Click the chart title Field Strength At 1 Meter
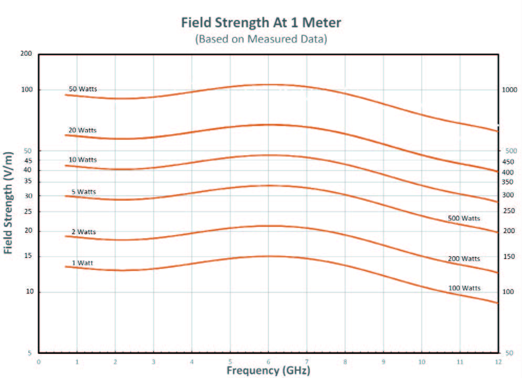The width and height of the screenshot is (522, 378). tap(261, 23)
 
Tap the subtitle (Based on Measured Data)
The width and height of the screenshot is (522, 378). tap(261, 39)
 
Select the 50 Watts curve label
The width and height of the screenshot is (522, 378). tap(82, 89)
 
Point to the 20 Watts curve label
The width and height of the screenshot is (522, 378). tap(82, 130)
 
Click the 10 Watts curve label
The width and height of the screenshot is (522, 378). tap(82, 160)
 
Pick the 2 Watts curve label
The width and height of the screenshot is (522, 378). tap(84, 232)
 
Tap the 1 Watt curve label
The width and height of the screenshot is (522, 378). tap(83, 262)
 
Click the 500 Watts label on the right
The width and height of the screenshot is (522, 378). tap(464, 218)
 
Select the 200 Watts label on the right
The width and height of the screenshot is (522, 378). tap(464, 259)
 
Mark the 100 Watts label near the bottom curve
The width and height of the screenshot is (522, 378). tap(464, 288)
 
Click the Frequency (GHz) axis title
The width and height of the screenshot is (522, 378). tap(268, 371)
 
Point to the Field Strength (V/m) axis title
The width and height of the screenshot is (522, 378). tap(8, 203)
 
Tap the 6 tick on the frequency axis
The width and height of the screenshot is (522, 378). tap(268, 362)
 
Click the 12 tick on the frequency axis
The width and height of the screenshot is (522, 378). tap(498, 362)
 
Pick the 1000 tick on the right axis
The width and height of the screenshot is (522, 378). tap(509, 90)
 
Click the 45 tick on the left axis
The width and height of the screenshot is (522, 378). tap(28, 160)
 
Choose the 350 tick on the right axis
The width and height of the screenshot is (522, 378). tap(508, 182)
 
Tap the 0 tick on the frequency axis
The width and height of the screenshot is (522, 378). tap(38, 362)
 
